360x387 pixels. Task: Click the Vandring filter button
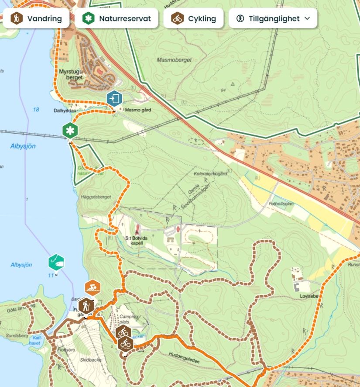[36, 18]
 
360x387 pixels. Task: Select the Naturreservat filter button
[117, 18]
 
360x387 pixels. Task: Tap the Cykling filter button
[193, 18]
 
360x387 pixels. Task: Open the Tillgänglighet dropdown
[273, 18]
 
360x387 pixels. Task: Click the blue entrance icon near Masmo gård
[114, 99]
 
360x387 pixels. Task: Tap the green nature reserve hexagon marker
[70, 130]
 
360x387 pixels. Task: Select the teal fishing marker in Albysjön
[56, 262]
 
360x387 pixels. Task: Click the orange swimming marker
[93, 287]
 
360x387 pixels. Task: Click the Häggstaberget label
[96, 197]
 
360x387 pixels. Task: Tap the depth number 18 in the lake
[36, 109]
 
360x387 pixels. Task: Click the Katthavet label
[36, 341]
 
